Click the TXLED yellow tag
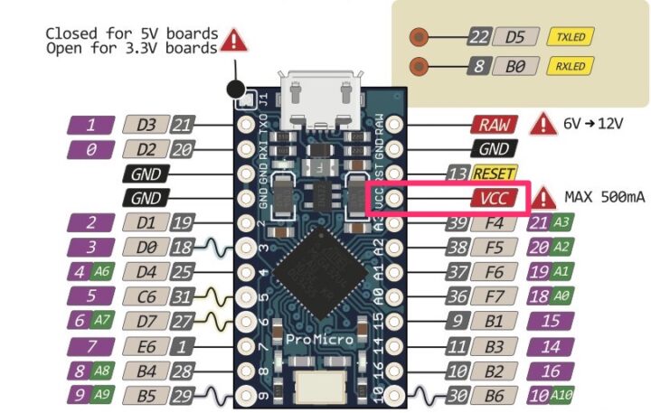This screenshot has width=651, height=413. coord(571,37)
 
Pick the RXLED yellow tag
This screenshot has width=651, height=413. coord(571,66)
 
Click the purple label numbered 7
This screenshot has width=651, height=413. coord(90,345)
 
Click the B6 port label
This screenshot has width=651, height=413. coord(493,394)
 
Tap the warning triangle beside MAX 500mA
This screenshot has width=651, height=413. coord(543,197)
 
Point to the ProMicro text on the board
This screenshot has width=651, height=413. coord(314,339)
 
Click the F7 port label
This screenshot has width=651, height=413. coord(493,296)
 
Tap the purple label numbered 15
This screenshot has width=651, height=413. coord(552,320)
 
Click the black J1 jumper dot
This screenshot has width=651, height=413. coord(237,89)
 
